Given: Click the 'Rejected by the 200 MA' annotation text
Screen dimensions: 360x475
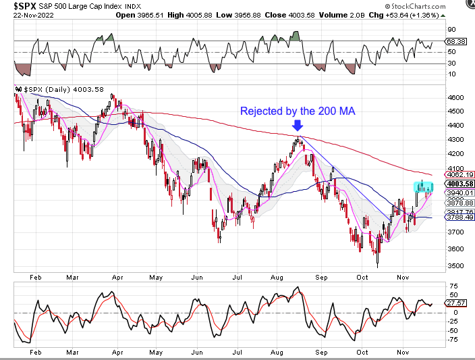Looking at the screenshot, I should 298,111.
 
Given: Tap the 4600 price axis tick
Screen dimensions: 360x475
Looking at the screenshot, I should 455,97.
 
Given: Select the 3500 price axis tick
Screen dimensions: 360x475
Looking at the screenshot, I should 455,265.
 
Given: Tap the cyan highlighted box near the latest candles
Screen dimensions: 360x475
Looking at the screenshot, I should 423,185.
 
